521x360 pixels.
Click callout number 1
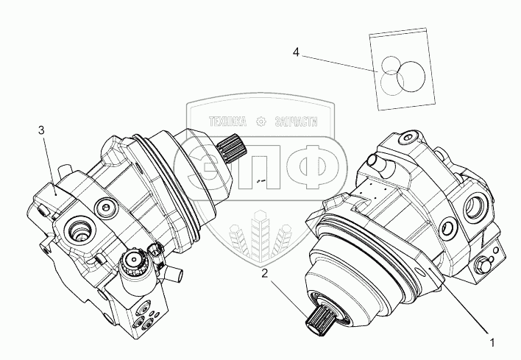pos(492,342)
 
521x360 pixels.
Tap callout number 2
pos(266,274)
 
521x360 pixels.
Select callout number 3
pos(42,130)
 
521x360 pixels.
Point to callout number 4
pos(296,52)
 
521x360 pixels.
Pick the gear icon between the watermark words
pos(260,121)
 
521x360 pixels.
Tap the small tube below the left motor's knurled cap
pos(174,274)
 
